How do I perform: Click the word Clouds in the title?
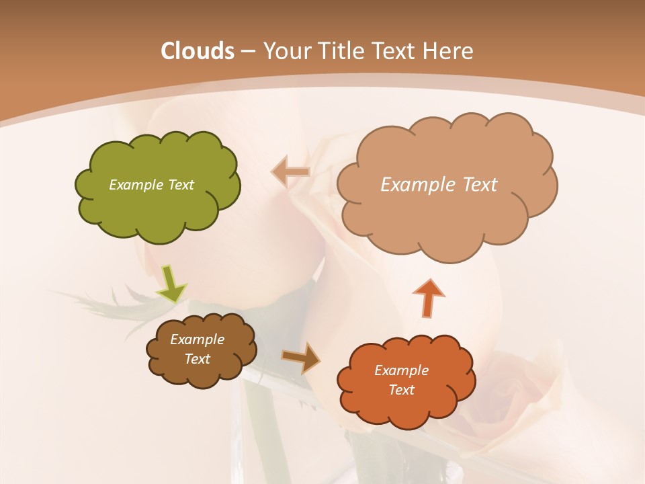tap(197, 51)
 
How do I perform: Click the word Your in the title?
tap(285, 51)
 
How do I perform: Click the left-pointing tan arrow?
tap(291, 172)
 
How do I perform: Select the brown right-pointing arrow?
tap(301, 358)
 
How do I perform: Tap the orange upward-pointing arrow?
tap(428, 297)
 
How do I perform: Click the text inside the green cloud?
tap(151, 185)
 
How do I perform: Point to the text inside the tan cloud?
tap(439, 185)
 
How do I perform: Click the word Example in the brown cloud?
tap(197, 339)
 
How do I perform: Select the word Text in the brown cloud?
tap(197, 359)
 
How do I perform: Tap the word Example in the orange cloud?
tap(401, 370)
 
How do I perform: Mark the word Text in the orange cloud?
tap(401, 390)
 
